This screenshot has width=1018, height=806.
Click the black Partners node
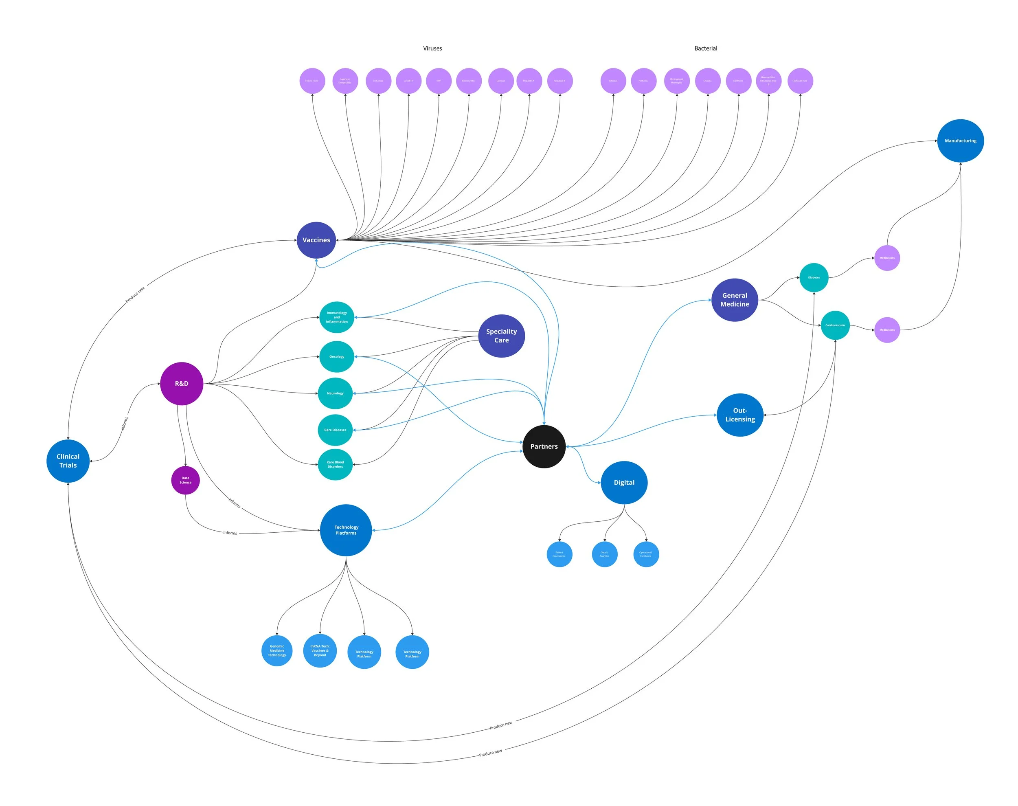(544, 446)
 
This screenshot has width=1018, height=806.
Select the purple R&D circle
(182, 384)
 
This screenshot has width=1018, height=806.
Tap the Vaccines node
(316, 240)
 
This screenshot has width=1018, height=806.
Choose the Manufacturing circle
(960, 141)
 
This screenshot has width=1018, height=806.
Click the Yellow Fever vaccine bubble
(312, 81)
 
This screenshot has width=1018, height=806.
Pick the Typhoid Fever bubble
(800, 81)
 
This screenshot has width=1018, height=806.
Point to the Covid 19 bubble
(408, 81)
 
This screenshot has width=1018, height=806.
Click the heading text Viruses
(432, 48)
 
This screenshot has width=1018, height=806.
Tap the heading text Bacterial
(705, 48)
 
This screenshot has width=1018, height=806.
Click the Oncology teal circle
(336, 357)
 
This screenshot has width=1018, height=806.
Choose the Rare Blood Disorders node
(335, 464)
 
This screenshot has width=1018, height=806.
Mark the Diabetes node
(814, 277)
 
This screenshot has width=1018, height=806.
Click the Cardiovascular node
(835, 325)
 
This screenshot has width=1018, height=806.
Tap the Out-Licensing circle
(739, 415)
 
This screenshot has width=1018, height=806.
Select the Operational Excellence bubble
(645, 554)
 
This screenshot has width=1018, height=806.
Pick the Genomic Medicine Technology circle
(277, 651)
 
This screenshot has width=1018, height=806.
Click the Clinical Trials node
(68, 461)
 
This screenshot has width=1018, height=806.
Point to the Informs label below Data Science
(230, 533)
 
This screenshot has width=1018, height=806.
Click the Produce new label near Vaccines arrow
(135, 295)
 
